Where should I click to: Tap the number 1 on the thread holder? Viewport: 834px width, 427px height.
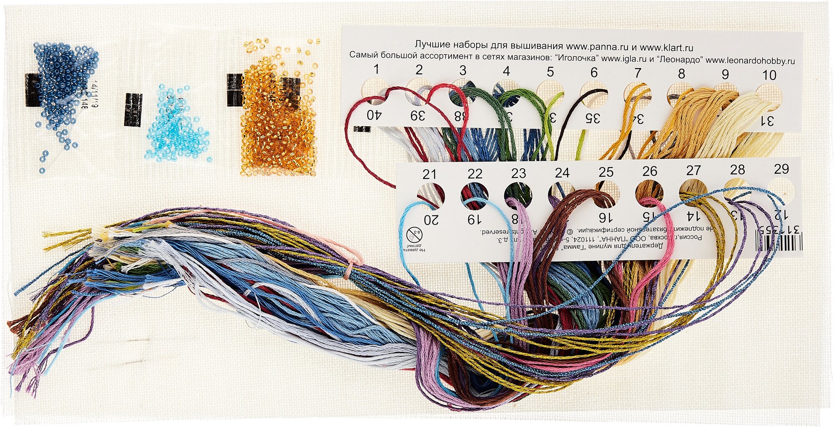(x=376, y=69)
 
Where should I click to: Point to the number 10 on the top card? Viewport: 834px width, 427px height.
(x=769, y=75)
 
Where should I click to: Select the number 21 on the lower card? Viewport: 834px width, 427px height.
(x=429, y=174)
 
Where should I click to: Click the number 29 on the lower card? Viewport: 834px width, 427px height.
(x=781, y=169)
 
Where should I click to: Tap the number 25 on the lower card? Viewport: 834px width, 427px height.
(x=606, y=172)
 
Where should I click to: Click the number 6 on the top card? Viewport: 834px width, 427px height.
(x=594, y=72)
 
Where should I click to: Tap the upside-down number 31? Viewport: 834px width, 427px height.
(x=767, y=121)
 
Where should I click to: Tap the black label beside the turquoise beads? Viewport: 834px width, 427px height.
(x=133, y=110)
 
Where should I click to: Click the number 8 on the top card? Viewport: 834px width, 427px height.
(x=681, y=74)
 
